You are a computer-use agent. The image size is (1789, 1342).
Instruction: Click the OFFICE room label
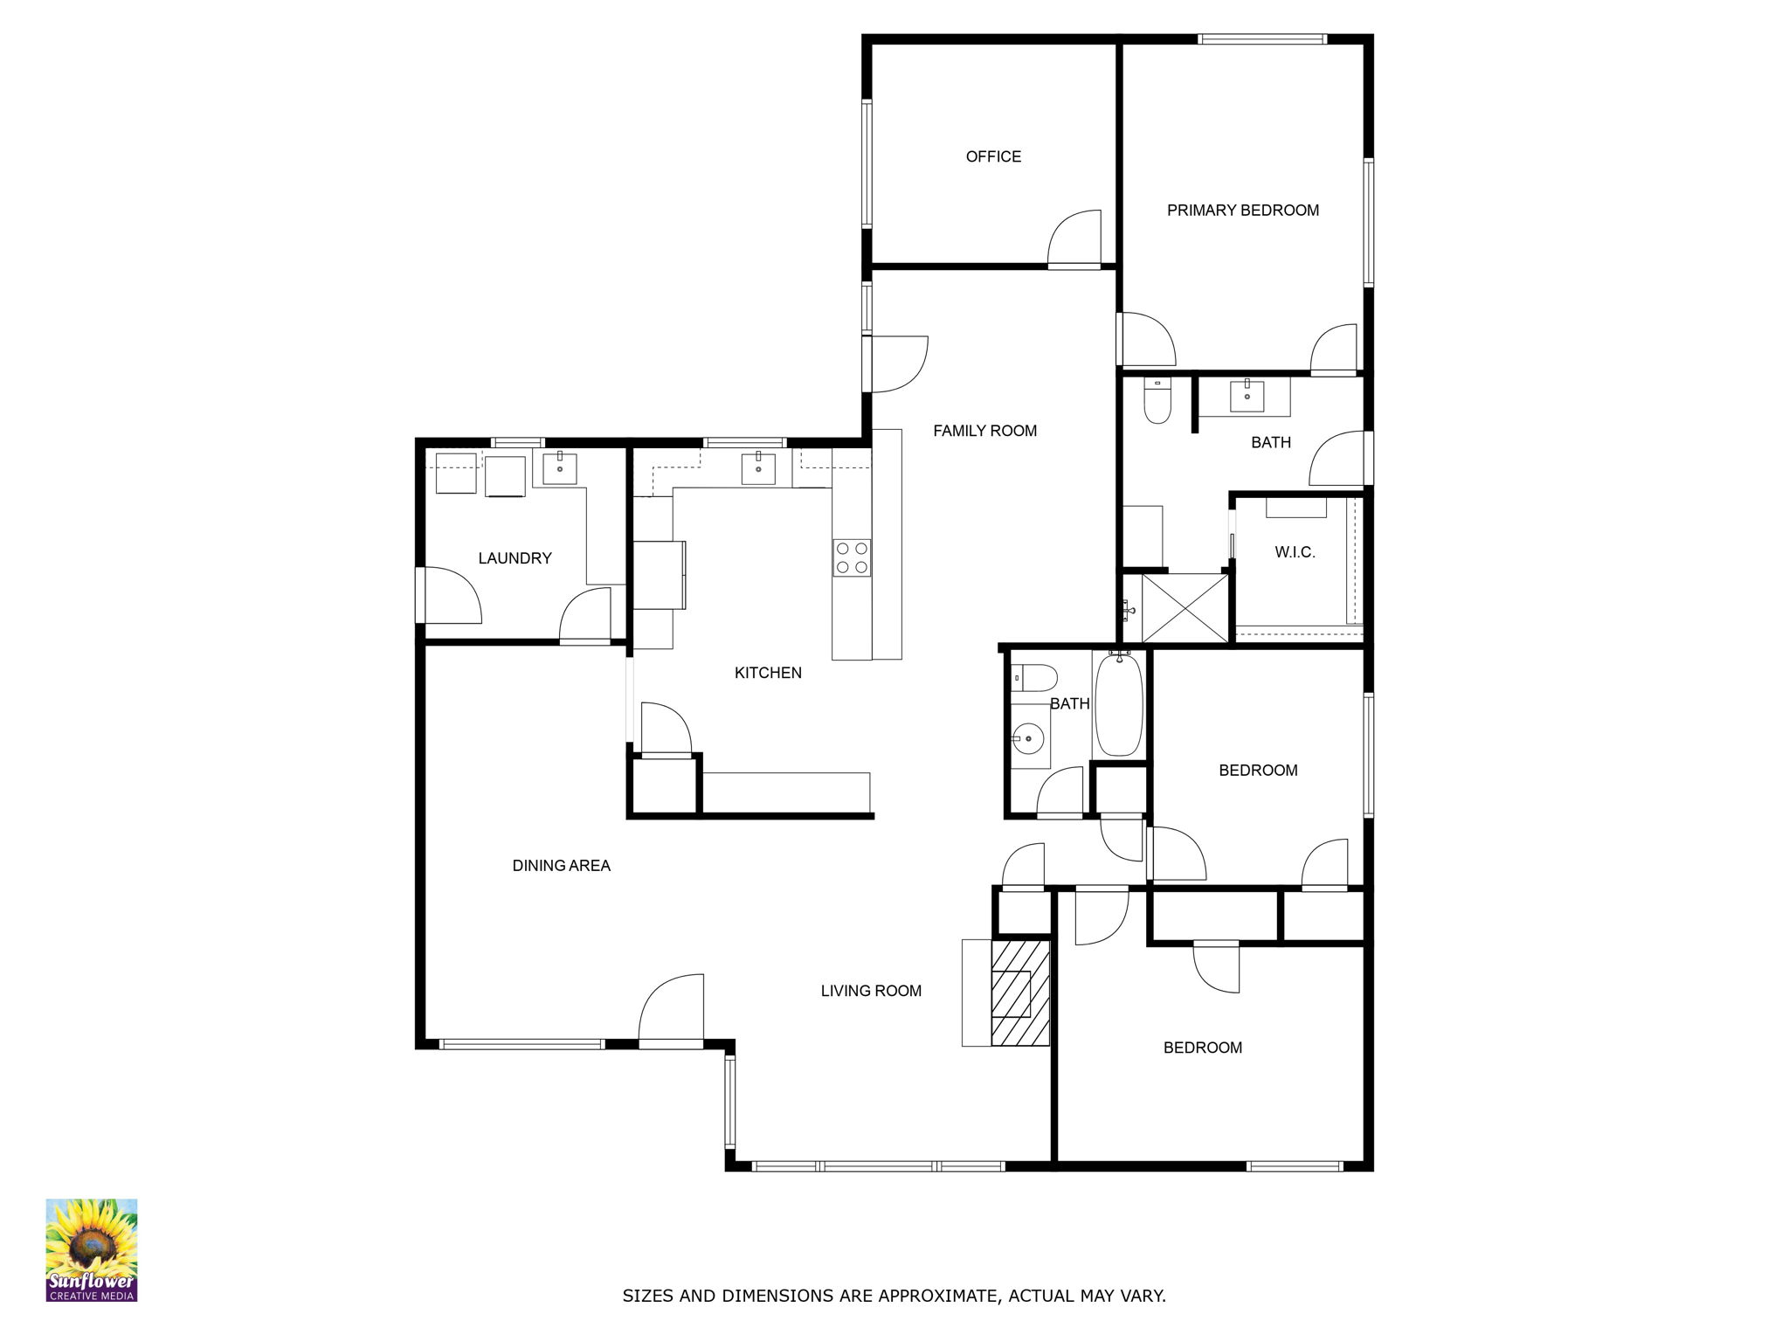tap(993, 156)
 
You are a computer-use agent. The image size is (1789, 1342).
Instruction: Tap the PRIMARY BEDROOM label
tap(1242, 210)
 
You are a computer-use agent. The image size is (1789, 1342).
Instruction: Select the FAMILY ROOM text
tap(984, 430)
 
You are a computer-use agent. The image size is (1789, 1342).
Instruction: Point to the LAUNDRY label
tap(515, 558)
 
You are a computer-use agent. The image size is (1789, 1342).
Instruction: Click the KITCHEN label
tap(768, 673)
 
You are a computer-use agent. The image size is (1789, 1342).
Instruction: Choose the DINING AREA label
tap(561, 866)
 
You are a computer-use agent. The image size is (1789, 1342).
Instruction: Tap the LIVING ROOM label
tap(871, 991)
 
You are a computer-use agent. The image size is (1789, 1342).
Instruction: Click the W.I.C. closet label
tap(1295, 552)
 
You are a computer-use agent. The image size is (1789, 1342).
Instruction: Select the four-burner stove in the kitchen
tap(852, 557)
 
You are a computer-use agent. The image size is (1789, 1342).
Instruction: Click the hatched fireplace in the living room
tap(1020, 993)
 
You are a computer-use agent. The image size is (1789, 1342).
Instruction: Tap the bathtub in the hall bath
tap(1118, 705)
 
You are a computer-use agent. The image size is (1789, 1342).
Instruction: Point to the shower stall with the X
tap(1185, 608)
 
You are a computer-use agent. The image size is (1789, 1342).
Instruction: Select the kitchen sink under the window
tap(758, 468)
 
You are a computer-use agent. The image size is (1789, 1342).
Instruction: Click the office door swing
tap(1074, 238)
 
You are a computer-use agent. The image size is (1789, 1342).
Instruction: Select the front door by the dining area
tap(671, 1011)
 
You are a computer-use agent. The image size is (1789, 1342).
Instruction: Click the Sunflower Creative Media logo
tap(92, 1249)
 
